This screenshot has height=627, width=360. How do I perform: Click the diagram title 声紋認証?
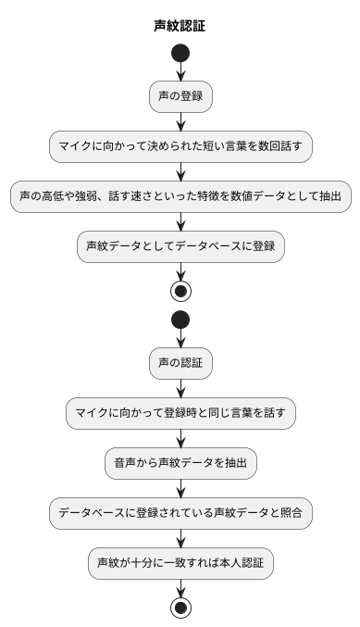180,26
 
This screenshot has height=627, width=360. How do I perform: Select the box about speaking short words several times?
180,145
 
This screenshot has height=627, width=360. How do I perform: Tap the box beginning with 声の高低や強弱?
180,195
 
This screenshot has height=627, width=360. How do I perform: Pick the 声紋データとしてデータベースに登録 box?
180,246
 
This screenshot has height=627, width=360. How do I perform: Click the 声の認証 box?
180,362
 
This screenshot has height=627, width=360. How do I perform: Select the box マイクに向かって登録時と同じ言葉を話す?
180,413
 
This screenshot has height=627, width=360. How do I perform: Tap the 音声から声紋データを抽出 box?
180,463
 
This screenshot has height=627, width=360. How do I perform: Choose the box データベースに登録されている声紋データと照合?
180,513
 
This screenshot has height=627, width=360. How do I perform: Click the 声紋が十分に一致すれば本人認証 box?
180,563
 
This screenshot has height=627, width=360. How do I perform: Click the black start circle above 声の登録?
180,53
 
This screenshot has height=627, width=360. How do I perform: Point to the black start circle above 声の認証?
180,320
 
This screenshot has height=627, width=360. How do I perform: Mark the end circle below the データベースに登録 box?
180,290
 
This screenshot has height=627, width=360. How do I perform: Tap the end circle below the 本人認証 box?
180,608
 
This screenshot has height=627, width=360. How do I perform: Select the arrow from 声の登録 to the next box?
180,120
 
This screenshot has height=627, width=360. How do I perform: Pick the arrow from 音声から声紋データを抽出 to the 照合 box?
180,488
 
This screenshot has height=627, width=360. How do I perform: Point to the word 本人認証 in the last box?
240,563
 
